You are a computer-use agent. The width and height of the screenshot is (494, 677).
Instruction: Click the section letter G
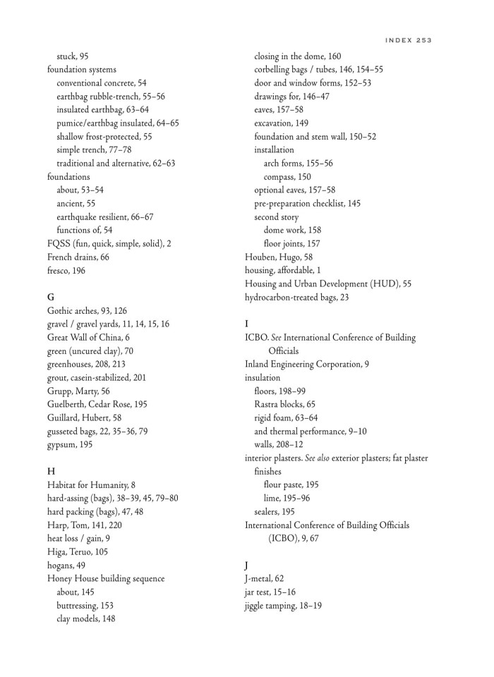point(51,297)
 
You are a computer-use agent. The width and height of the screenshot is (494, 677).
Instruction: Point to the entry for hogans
point(66,565)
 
